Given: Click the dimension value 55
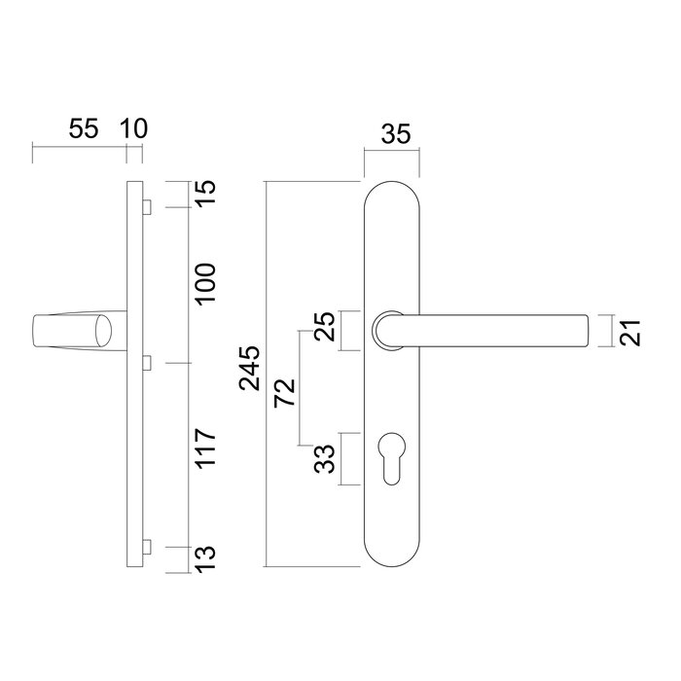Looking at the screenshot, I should (x=84, y=129).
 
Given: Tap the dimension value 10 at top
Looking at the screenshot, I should (x=133, y=129).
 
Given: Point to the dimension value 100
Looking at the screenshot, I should (x=207, y=283).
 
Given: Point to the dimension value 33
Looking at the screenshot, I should (x=327, y=456).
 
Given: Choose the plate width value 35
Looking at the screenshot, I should (x=394, y=135).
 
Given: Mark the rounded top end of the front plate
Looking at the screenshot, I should (x=394, y=189).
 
